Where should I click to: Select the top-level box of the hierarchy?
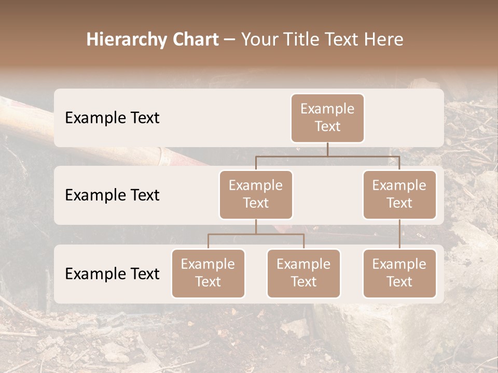[x=327, y=118]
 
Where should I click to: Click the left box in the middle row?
[x=256, y=195]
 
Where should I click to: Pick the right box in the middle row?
[x=399, y=195]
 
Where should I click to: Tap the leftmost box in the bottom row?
[x=208, y=274]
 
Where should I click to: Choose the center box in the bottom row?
[x=303, y=274]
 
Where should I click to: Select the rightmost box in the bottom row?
[x=399, y=274]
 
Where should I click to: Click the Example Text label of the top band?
[x=112, y=118]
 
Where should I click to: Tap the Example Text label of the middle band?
[x=112, y=195]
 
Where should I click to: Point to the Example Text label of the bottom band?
[x=112, y=274]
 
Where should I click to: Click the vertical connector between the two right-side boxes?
[x=399, y=234]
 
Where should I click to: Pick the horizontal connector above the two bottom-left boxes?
[x=256, y=234]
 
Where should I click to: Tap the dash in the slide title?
[x=230, y=40]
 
